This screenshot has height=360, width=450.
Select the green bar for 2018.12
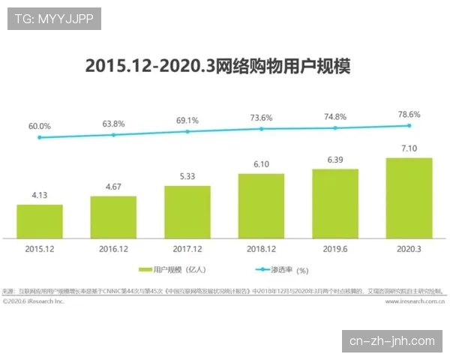pos(261,205)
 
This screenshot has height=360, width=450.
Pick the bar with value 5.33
pos(187,211)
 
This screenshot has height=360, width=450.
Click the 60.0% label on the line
pos(39,126)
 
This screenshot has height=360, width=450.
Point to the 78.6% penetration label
pos(409,115)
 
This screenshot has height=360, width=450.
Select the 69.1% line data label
pos(187,120)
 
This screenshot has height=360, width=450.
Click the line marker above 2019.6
pos(335,128)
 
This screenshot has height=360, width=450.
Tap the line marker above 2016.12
pos(113,135)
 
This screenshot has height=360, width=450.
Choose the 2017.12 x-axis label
pos(187,247)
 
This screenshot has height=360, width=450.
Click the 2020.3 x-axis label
pos(409,247)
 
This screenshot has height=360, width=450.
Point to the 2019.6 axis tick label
pos(335,247)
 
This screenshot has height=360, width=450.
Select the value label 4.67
pos(113,187)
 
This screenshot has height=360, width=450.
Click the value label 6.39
pos(335,160)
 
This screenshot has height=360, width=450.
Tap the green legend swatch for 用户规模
pos(145,269)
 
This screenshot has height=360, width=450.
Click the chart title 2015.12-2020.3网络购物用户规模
pos(217,66)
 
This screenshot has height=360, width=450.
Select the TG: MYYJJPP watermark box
pos(54,19)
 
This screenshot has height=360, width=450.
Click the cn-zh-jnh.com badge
pos(392,341)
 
